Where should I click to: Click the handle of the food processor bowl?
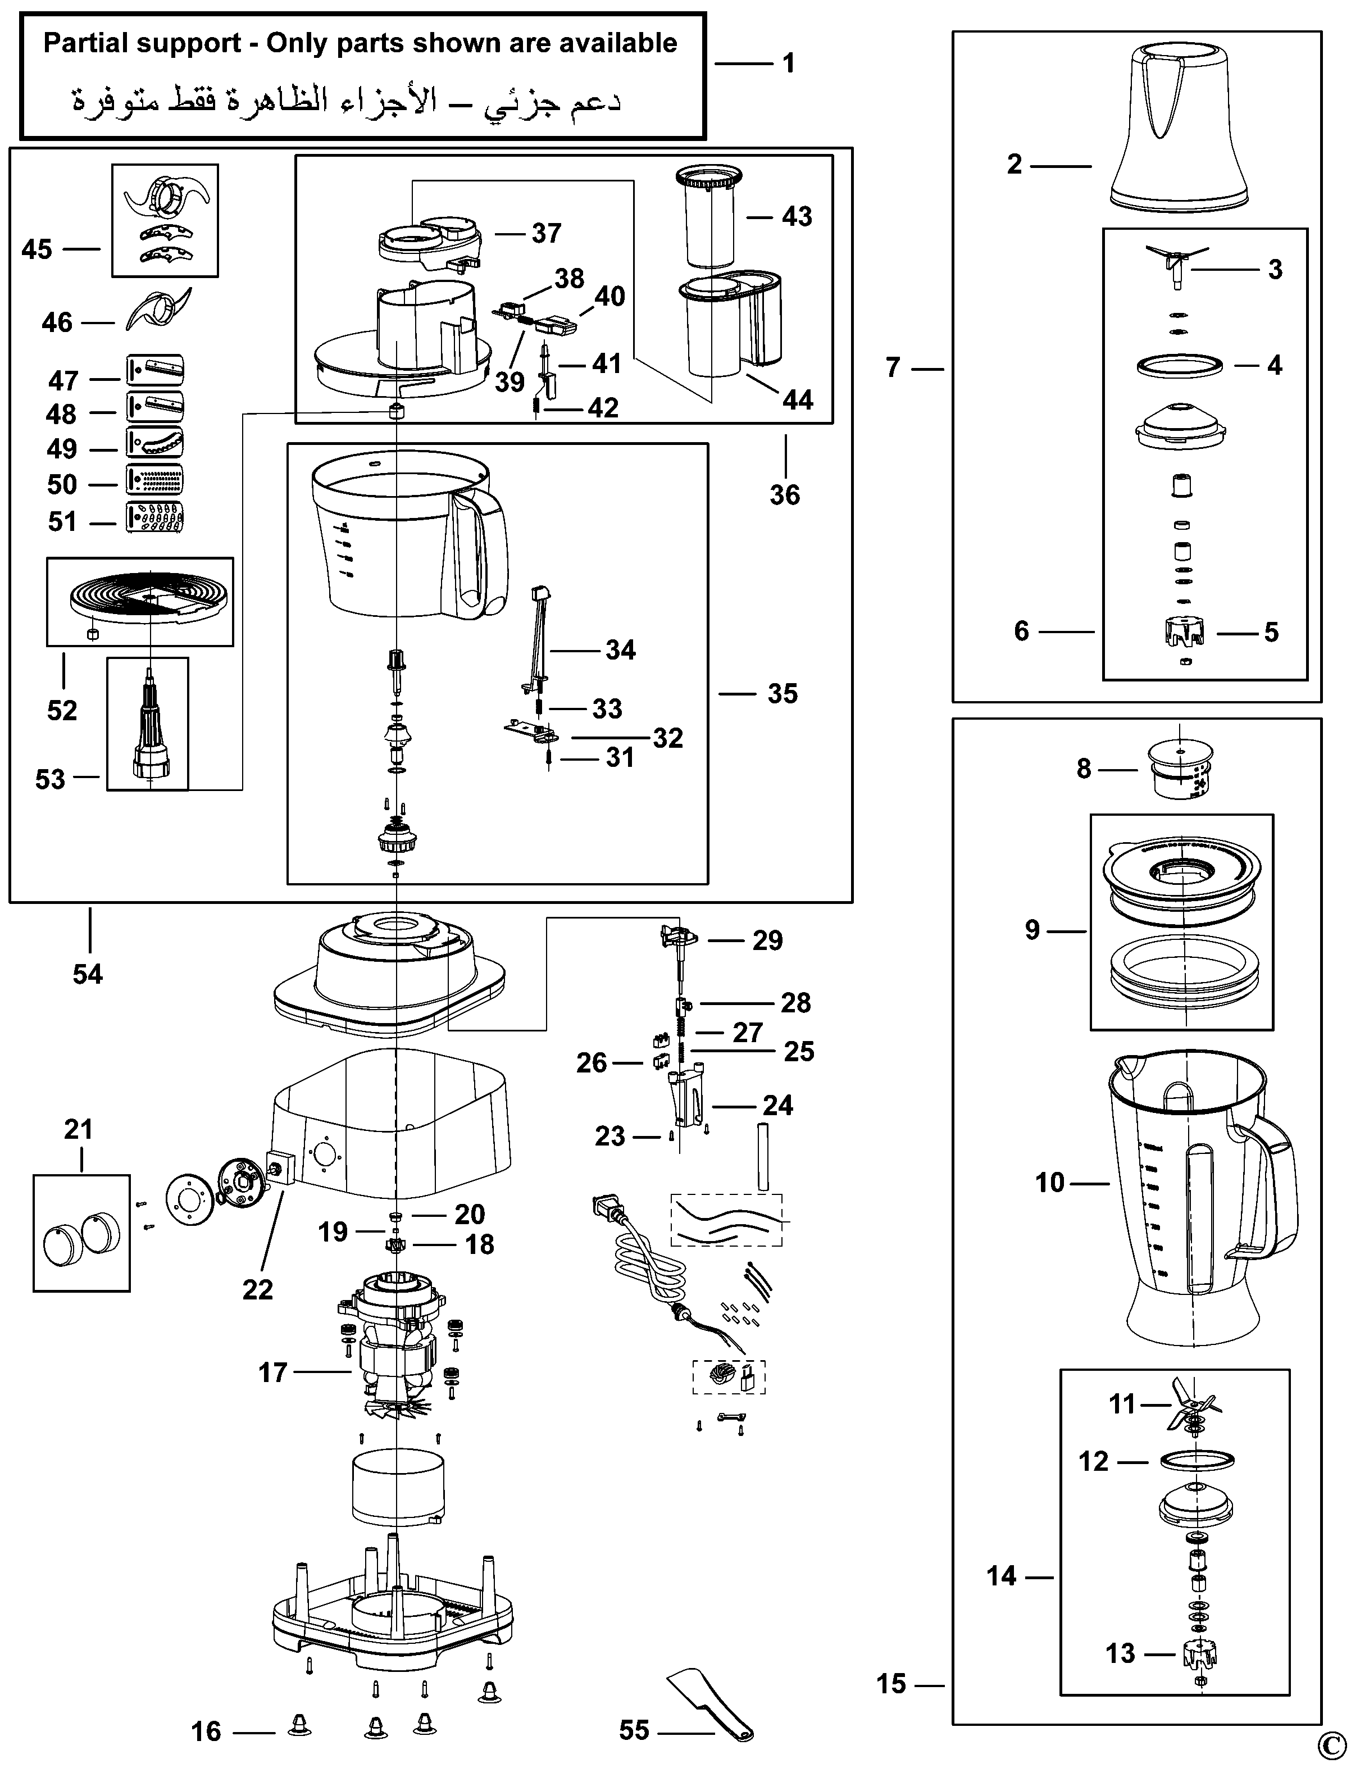click(x=481, y=555)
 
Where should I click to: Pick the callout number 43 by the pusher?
click(x=797, y=216)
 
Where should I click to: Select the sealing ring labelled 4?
click(x=1179, y=366)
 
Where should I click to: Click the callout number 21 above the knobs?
click(x=78, y=1129)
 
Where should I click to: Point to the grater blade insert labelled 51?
click(x=154, y=518)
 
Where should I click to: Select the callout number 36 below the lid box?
click(x=785, y=495)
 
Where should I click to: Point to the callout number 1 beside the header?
click(x=789, y=63)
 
